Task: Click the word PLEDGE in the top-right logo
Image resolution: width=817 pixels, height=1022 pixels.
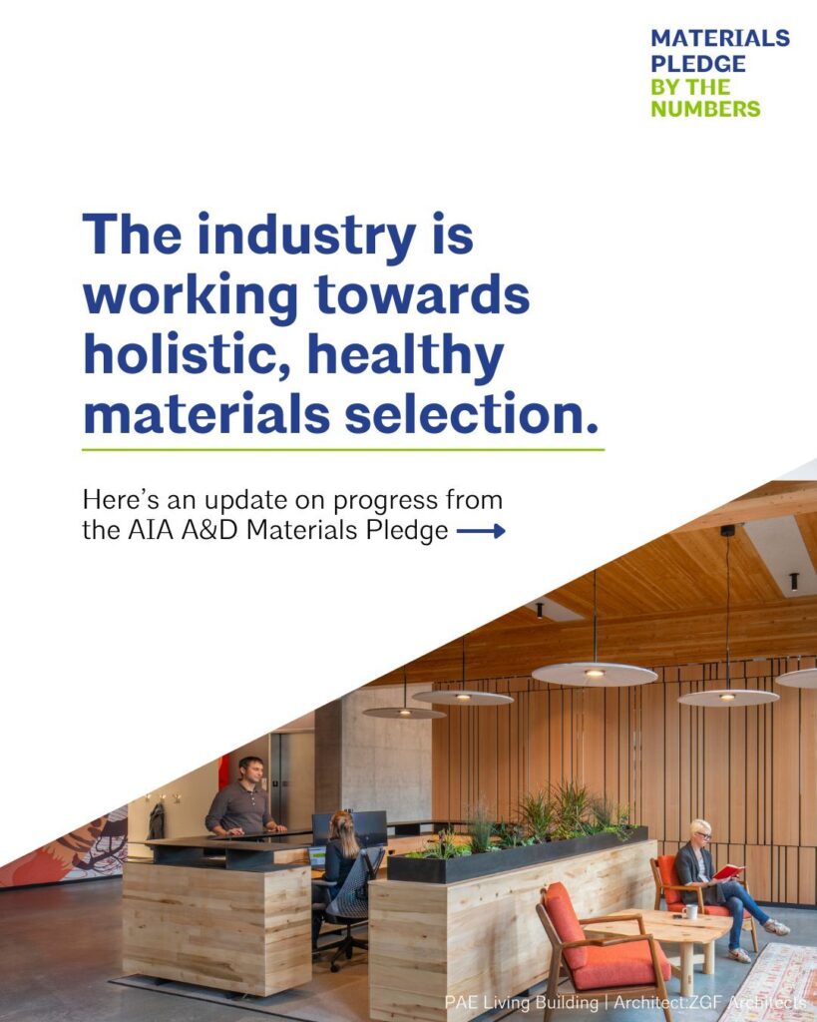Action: (x=697, y=63)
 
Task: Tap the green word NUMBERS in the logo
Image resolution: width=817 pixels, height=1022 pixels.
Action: (x=705, y=108)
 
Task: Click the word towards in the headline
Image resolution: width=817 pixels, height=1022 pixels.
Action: (x=422, y=294)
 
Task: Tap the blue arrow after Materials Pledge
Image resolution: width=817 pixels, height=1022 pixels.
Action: (x=481, y=531)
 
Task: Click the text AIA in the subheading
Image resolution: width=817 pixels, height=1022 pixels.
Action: (x=151, y=530)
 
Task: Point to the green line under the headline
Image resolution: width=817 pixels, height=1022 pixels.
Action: (x=343, y=450)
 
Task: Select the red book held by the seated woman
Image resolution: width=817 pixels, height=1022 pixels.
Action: (x=728, y=871)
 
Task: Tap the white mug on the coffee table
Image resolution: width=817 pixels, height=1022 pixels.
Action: (x=690, y=910)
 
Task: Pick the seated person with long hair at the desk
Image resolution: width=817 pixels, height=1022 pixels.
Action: (x=340, y=854)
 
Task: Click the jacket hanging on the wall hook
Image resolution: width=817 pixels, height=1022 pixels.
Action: (x=157, y=820)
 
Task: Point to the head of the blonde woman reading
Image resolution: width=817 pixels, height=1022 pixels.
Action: (x=700, y=832)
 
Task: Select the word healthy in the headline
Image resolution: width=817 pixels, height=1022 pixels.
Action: (x=405, y=356)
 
